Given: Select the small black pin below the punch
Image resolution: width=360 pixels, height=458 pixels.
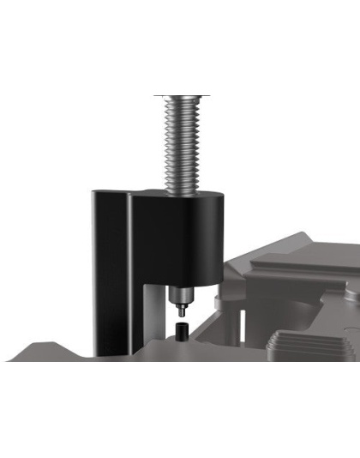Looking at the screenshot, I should point(182,329).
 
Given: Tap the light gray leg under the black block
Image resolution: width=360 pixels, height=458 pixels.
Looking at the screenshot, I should point(152,317).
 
